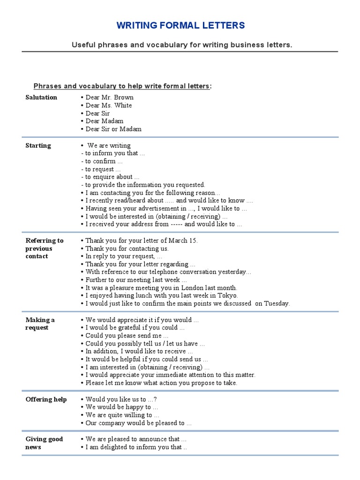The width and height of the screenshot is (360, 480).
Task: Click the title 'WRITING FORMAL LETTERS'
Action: (180, 25)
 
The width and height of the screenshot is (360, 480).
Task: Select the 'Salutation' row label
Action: (41, 97)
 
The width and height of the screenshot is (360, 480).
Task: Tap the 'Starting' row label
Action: (38, 146)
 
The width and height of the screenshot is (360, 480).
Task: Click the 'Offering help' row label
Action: (46, 399)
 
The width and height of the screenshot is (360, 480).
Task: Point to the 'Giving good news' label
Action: (44, 443)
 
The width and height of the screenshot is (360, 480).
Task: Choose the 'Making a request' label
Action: (40, 324)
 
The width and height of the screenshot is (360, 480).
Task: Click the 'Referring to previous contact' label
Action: (44, 248)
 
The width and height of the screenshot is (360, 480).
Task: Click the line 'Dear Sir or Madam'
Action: (113, 129)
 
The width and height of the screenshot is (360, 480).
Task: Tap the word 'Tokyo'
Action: (227, 296)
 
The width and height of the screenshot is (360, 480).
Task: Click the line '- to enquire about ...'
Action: (110, 177)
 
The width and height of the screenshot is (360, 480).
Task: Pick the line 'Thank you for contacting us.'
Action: (127, 248)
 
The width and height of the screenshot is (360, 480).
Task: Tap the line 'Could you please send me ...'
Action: (127, 336)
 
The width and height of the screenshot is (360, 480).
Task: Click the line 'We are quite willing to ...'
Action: (122, 415)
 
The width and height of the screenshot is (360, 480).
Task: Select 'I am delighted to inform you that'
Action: (133, 447)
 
